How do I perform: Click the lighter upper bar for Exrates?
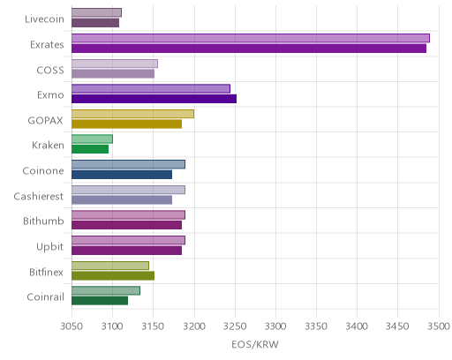point(251,38)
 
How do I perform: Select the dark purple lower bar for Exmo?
point(154,99)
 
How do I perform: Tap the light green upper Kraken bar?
point(92,139)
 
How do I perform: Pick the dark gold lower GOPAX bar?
point(126,124)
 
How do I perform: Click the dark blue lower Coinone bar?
point(122,175)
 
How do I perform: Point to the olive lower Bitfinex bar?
point(113,276)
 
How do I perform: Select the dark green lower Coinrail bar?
point(100,301)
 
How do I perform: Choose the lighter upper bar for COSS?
point(115,64)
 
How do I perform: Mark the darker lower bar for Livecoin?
point(95,23)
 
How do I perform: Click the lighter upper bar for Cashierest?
point(128,190)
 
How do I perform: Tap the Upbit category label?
point(49,246)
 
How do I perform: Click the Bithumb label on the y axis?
point(43,221)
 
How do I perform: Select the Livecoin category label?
point(44,19)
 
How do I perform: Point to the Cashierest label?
point(39,196)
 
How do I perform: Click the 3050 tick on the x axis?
point(72,326)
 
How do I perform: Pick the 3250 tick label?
point(235,326)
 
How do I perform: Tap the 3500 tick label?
point(439,326)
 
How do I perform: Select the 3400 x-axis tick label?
point(357,326)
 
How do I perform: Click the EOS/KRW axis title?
point(255,344)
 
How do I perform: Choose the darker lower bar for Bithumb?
point(126,225)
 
